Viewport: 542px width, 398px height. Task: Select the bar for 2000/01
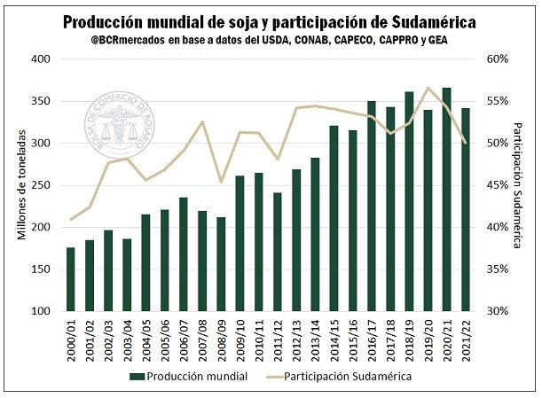click(71, 279)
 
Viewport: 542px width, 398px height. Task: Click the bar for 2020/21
click(446, 199)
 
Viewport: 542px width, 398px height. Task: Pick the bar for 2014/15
click(334, 218)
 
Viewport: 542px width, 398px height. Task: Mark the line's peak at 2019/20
click(428, 88)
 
